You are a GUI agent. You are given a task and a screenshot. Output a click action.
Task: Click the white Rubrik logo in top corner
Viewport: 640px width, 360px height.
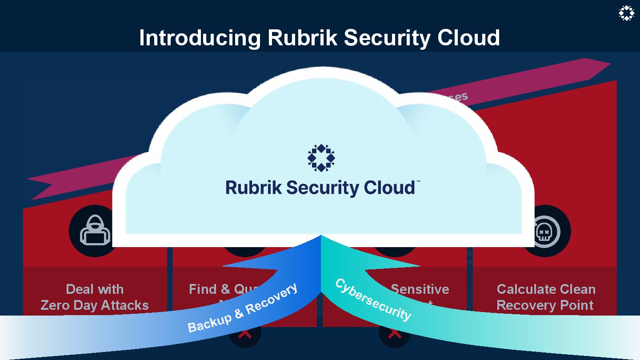click(626, 13)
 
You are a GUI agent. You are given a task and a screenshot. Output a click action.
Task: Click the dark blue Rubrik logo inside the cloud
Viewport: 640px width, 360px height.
click(321, 157)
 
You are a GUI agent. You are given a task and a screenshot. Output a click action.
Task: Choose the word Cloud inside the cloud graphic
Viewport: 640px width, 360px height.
click(389, 188)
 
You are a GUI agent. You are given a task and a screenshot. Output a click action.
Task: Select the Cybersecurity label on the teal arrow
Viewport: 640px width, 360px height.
click(373, 300)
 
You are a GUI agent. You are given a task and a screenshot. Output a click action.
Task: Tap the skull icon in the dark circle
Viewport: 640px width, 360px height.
click(545, 231)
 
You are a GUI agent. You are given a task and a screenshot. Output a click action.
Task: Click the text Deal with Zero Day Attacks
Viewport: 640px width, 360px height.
click(95, 297)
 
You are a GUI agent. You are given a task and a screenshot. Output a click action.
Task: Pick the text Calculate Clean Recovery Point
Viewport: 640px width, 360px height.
click(545, 297)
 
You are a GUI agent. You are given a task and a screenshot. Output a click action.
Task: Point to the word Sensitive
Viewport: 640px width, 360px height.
click(420, 289)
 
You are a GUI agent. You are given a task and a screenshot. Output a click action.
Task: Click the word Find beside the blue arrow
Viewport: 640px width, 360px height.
click(203, 289)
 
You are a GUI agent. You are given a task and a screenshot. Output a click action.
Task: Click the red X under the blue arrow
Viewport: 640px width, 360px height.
click(244, 334)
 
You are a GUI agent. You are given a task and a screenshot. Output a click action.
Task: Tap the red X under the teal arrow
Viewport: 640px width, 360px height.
click(395, 334)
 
